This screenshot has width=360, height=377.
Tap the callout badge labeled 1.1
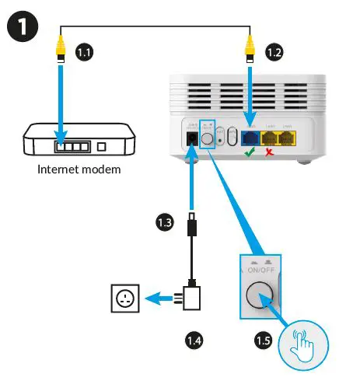pos(84,53)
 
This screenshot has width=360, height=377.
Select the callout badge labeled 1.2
pos(272,53)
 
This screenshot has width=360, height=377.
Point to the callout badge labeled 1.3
pos(164,222)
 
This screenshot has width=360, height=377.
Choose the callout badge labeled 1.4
pos(194,339)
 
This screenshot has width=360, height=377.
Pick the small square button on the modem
pos(102,145)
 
